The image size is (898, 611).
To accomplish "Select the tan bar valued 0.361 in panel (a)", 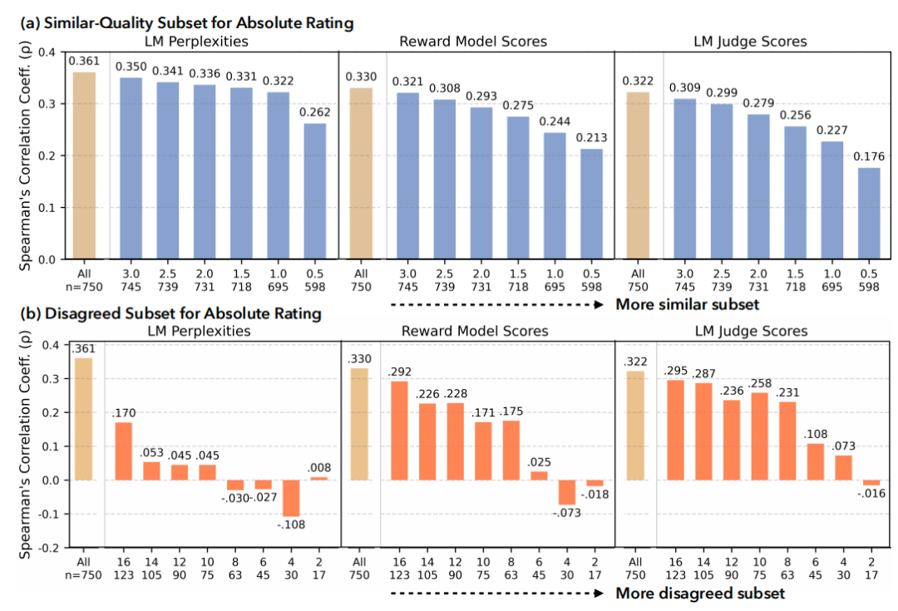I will point(83,166).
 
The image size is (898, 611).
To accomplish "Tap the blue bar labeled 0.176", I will point(867,214).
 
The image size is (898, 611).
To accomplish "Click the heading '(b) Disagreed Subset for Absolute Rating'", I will point(170,313).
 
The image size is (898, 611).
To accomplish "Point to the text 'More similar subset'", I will point(687,304).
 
